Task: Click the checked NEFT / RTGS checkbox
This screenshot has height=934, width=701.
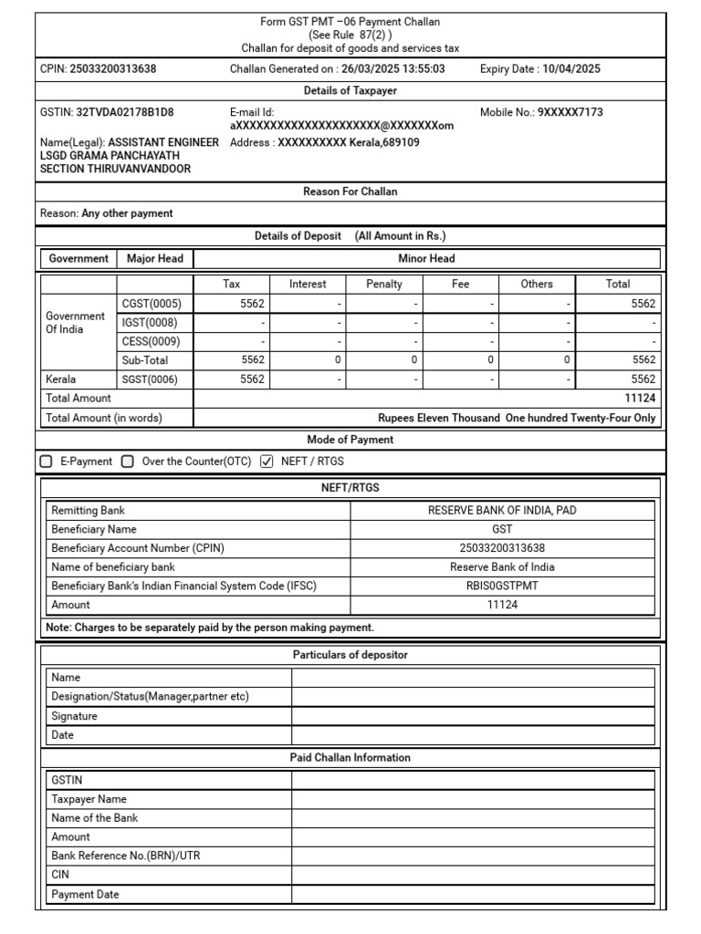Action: (x=267, y=462)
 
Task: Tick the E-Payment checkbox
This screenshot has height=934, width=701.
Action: (x=47, y=462)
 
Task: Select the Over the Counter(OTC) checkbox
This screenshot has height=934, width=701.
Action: (x=128, y=462)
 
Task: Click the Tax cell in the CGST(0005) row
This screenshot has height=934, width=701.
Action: (x=232, y=304)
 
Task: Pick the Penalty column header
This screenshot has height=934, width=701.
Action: (x=384, y=284)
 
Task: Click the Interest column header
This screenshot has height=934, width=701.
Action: (x=308, y=284)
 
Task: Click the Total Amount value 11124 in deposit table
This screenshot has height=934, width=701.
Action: (x=640, y=399)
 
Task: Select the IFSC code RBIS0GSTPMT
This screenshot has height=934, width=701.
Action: (x=502, y=586)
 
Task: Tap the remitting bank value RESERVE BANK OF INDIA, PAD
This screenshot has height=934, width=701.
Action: (x=502, y=511)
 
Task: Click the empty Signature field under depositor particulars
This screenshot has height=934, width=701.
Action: (x=473, y=717)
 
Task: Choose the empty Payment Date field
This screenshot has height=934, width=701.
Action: (x=473, y=895)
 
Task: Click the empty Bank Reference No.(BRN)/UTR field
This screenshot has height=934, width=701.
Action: (x=473, y=856)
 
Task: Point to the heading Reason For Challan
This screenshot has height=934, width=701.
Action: (x=350, y=192)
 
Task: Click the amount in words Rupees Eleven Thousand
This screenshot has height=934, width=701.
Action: (x=517, y=419)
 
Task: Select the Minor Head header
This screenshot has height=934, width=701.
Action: (x=426, y=259)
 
